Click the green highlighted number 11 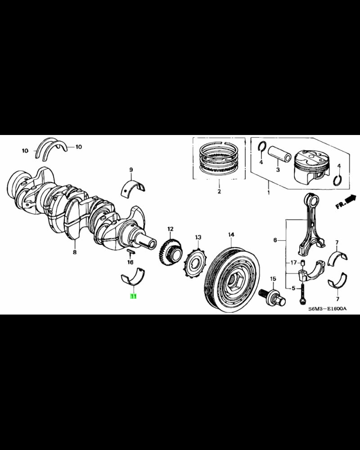pos(133,296)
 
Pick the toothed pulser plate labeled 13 pos(194,263)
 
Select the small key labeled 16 pos(129,250)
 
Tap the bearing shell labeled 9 pos(134,188)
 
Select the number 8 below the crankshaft pos(75,252)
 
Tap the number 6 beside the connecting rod pos(275,240)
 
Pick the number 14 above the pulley pos(231,234)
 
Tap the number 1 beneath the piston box pos(268,192)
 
